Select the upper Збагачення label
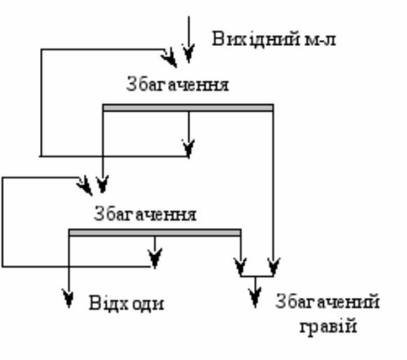click(x=178, y=84)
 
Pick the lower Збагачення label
click(x=145, y=214)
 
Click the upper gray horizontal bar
click(x=188, y=108)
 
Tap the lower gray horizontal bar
click(x=155, y=233)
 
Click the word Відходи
click(x=127, y=303)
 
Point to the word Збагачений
click(x=327, y=301)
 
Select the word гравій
click(x=329, y=326)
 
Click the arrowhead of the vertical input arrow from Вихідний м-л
click(x=189, y=53)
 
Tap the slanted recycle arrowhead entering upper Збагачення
click(x=169, y=58)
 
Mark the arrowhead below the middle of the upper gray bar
click(x=189, y=148)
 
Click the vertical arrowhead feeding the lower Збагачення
click(x=102, y=184)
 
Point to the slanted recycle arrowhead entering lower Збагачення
click(x=85, y=185)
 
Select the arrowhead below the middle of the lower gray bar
click(x=155, y=258)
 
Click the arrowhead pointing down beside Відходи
click(x=69, y=298)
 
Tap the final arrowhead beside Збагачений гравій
click(x=255, y=298)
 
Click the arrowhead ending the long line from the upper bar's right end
click(x=273, y=267)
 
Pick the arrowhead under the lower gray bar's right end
click(x=241, y=267)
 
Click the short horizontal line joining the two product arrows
click(x=257, y=276)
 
